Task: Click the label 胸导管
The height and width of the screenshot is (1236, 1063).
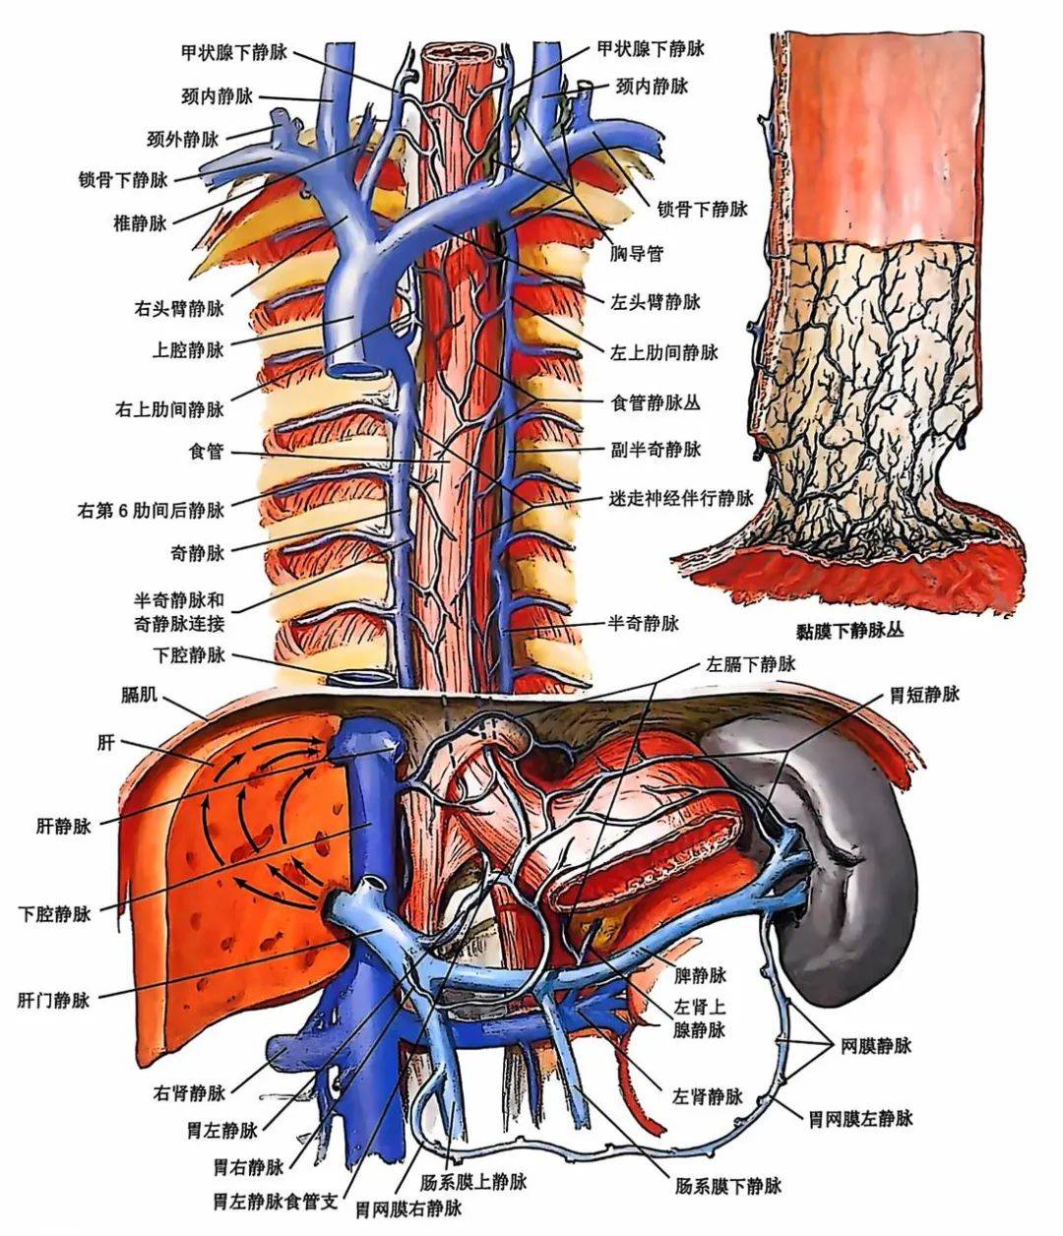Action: coord(637,254)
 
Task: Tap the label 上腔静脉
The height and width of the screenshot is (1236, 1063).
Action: coord(188,349)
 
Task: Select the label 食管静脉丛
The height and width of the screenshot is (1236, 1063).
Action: coord(656,403)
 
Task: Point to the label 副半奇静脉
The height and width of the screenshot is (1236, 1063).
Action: coord(656,450)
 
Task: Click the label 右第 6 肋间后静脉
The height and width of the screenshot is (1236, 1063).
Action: coord(151,510)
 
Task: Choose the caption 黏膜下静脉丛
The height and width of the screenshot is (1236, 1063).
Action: coord(849,631)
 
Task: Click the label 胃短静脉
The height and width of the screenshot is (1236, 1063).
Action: coord(925,694)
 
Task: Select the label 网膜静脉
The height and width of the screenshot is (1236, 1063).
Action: coord(876,1045)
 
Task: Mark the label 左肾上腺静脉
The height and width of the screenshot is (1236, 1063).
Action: coord(700,1019)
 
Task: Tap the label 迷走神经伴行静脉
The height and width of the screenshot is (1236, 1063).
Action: coord(681,498)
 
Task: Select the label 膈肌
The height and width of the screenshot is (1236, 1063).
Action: coord(139,694)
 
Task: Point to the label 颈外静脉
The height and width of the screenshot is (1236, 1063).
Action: coord(183,140)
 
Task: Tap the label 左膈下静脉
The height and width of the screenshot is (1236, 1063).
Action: coord(751,664)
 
